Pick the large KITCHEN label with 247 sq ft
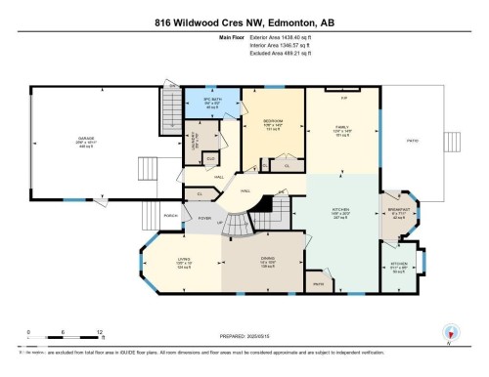(341, 211)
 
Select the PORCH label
(170, 214)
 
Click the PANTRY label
(318, 284)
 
